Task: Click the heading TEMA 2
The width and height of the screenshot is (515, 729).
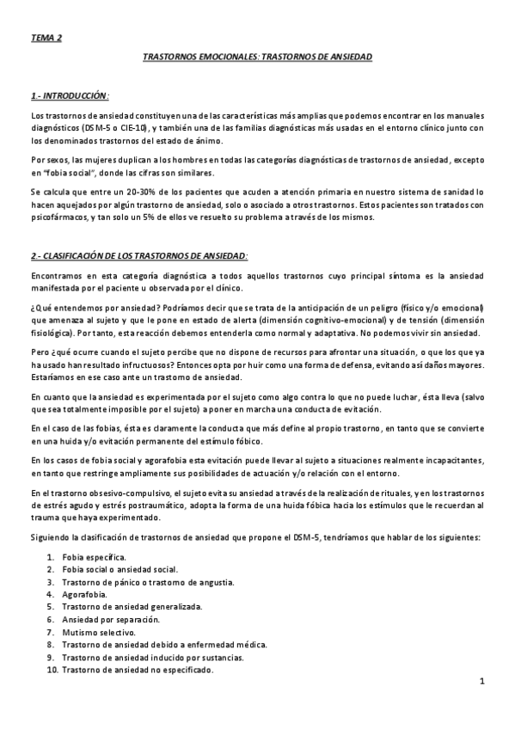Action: click(x=46, y=38)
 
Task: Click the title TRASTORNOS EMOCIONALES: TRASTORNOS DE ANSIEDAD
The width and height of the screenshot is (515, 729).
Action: click(x=257, y=56)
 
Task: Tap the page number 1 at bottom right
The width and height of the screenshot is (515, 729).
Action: click(x=482, y=683)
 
